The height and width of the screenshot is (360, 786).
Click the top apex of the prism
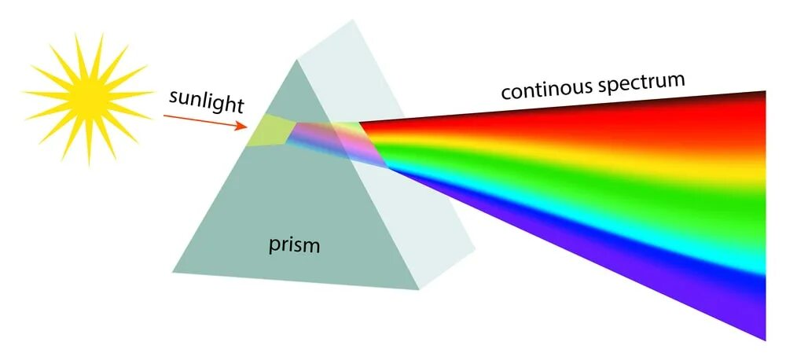(x=297, y=59)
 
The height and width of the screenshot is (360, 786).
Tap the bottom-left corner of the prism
(x=173, y=272)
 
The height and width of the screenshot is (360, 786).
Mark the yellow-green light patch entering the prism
(x=267, y=130)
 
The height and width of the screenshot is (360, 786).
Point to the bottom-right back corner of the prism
(x=475, y=252)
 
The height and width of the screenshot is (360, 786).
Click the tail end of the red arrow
(x=164, y=115)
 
